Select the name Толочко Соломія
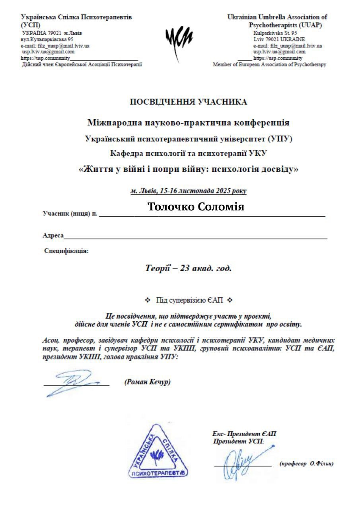point(196,207)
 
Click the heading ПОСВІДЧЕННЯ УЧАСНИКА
point(188,102)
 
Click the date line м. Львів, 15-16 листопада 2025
point(188,191)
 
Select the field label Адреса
point(53,235)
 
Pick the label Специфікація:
point(66,251)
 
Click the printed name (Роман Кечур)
point(148,382)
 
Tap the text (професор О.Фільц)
point(306,464)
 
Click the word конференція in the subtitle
point(260,122)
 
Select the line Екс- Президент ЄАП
point(244,433)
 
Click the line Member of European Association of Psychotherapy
point(269,64)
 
